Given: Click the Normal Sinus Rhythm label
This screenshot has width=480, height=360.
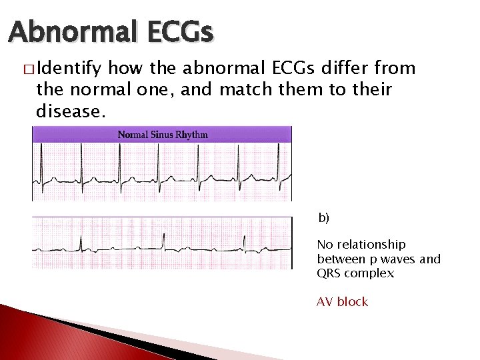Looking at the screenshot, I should [163, 135].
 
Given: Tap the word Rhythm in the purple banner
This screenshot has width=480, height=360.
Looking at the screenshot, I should [192, 135].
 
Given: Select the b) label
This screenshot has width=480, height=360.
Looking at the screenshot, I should [323, 218].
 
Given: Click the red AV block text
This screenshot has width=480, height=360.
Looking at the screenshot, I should [342, 302].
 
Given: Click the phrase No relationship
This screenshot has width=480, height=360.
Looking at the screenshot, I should [361, 245].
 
